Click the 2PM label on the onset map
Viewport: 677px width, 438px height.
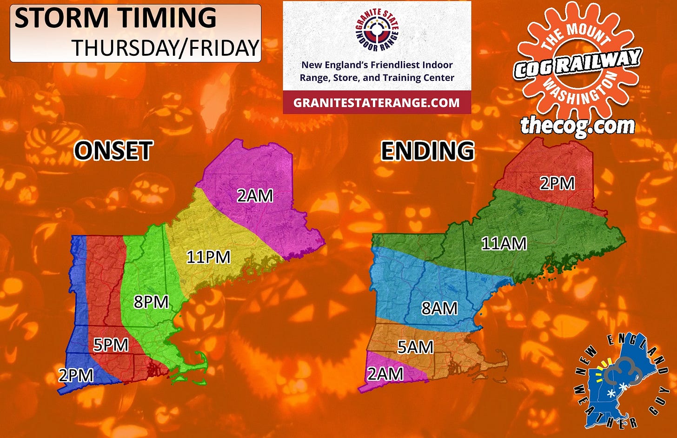coord(76,374)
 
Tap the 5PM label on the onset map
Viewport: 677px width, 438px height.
coord(111,345)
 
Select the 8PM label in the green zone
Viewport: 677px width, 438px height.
coord(151,302)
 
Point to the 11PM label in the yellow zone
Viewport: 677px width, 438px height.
coord(208,257)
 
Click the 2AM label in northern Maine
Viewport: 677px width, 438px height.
coord(255,196)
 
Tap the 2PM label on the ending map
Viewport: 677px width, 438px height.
coord(557,184)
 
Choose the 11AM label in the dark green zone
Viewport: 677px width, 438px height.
coord(504,243)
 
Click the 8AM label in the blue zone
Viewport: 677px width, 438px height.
coord(439,308)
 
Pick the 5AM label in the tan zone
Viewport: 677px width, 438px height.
coord(415,347)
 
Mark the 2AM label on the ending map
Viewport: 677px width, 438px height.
coord(385,373)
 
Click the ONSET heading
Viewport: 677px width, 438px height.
coord(113,151)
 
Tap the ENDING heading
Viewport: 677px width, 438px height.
coord(427,151)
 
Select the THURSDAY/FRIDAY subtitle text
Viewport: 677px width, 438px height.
coord(165,48)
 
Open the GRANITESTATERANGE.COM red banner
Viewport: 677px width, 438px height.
coord(377,103)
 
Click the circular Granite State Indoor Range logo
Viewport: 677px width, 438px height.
coord(377,30)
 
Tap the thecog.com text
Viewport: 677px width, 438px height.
coord(577,126)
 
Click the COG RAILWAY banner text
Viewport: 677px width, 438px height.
coord(577,63)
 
